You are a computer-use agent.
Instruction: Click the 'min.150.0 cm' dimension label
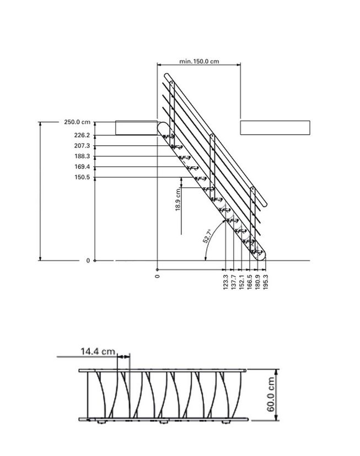pyautogui.click(x=199, y=61)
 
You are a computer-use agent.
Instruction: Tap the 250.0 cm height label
pyautogui.click(x=77, y=122)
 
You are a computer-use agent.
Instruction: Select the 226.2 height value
pyautogui.click(x=82, y=135)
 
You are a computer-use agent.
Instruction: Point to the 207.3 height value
pyautogui.click(x=82, y=146)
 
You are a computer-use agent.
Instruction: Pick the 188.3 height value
pyautogui.click(x=82, y=156)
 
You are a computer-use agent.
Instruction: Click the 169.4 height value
pyautogui.click(x=82, y=167)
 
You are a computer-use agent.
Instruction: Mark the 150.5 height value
pyautogui.click(x=82, y=177)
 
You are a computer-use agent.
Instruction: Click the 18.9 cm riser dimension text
pyautogui.click(x=178, y=199)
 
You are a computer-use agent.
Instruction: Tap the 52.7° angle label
pyautogui.click(x=207, y=236)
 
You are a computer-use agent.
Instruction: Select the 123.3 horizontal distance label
pyautogui.click(x=225, y=282)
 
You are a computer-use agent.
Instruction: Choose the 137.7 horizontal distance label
pyautogui.click(x=233, y=282)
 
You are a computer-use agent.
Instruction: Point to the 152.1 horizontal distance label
pyautogui.click(x=241, y=282)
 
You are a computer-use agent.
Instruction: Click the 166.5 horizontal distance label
pyautogui.click(x=249, y=282)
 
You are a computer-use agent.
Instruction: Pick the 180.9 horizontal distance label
pyautogui.click(x=257, y=282)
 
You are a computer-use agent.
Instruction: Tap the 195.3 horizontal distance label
pyautogui.click(x=265, y=282)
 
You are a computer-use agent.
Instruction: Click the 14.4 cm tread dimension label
pyautogui.click(x=98, y=351)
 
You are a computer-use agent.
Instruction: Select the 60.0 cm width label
pyautogui.click(x=271, y=394)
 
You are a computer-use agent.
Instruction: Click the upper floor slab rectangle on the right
pyautogui.click(x=275, y=128)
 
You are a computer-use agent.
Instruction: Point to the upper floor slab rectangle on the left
pyautogui.click(x=136, y=128)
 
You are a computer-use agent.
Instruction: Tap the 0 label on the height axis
pyautogui.click(x=88, y=260)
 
